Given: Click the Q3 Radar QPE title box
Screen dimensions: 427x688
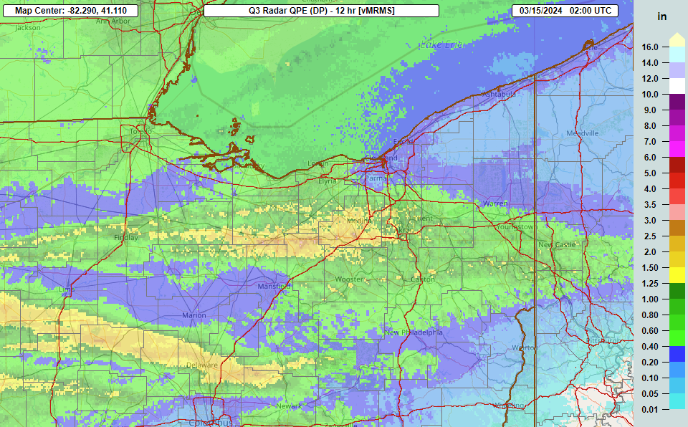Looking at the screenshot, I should (321, 11).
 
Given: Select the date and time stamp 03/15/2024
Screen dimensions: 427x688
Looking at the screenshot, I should (565, 11).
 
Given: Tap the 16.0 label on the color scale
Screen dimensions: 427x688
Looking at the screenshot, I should (650, 47).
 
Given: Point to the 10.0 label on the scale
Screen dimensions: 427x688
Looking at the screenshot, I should (650, 94).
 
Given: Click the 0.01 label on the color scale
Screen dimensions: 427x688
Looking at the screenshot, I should (650, 409).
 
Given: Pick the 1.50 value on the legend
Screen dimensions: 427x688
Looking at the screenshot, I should (650, 267).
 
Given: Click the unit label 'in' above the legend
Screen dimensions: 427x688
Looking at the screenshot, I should (662, 16).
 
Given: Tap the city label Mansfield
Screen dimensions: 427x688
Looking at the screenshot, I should (274, 287).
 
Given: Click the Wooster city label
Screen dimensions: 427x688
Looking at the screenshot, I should (350, 279).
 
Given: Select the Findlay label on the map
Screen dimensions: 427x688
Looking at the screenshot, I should (125, 237).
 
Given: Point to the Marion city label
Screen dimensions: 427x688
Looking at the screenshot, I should (193, 315).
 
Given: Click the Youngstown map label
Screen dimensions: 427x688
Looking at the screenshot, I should (516, 227).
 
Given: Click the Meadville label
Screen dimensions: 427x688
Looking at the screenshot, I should (582, 134).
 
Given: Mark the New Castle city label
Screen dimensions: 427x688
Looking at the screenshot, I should (556, 245).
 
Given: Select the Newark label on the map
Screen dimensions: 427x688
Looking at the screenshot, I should (289, 406).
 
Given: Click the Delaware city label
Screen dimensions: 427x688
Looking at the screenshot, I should (201, 365).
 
